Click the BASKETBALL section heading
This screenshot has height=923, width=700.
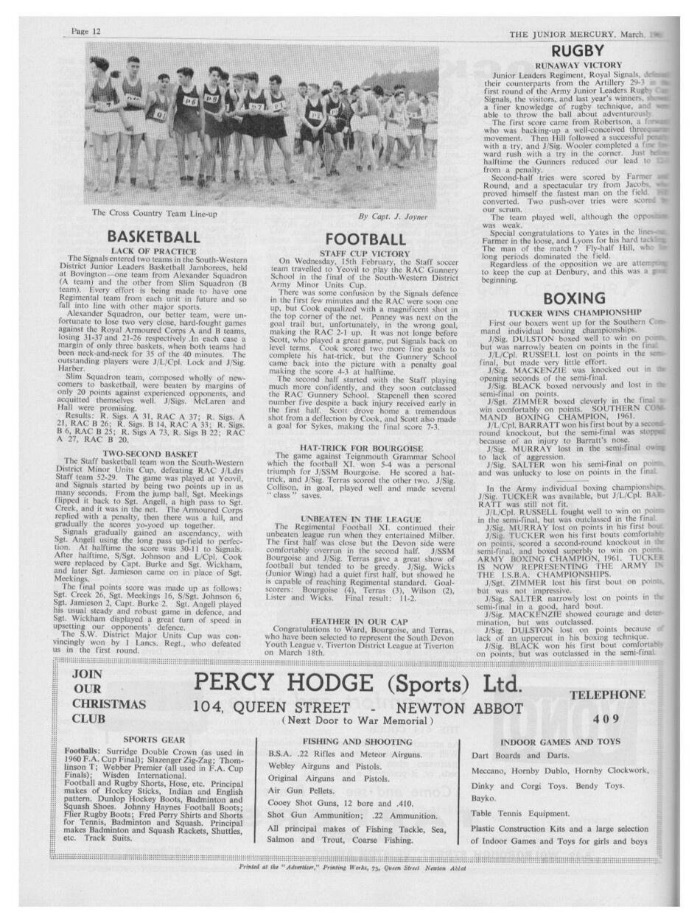coord(153,236)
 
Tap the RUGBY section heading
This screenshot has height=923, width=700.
coord(578,51)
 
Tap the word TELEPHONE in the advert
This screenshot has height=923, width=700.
coord(607,694)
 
